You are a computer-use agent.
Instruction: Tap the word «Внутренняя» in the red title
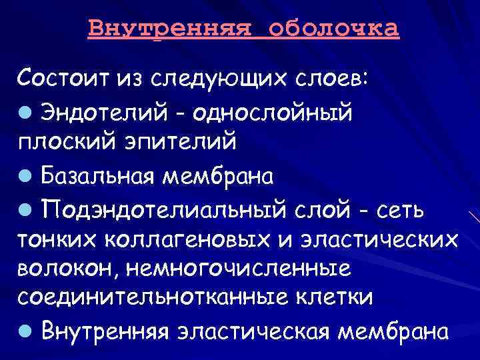(x=171, y=30)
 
